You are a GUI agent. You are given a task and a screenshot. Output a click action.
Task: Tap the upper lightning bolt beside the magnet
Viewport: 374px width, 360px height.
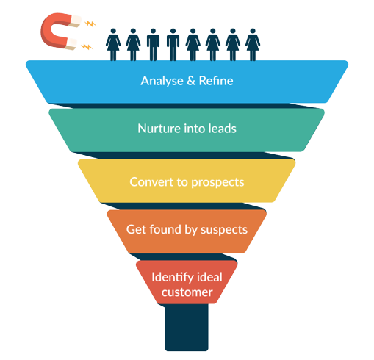coord(90,24)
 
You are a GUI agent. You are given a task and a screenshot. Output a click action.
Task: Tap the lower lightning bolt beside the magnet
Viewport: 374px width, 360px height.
coord(87,46)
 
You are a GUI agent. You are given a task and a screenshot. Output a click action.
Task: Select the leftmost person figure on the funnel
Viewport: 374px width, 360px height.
coord(113,45)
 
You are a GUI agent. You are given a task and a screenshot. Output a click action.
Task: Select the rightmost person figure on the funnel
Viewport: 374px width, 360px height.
coord(253,45)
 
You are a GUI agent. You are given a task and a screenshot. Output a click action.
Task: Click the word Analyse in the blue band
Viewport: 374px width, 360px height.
coord(162,81)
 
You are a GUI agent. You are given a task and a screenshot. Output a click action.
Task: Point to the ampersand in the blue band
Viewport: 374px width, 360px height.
coord(191,81)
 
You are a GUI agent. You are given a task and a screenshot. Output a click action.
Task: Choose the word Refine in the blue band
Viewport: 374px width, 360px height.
coord(216,81)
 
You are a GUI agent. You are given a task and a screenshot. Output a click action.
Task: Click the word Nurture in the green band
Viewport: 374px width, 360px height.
coord(159,129)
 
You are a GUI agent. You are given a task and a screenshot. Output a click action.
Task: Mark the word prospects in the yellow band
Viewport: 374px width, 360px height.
coord(217,183)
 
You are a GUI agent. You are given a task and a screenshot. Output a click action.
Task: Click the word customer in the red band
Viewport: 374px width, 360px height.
coord(187,292)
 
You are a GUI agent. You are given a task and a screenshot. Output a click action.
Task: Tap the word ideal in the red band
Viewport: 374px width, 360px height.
coord(209,277)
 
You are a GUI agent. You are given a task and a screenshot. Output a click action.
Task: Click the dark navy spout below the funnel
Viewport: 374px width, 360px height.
coord(187,327)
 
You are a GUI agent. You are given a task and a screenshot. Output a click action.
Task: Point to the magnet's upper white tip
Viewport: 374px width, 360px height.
coord(76,21)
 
